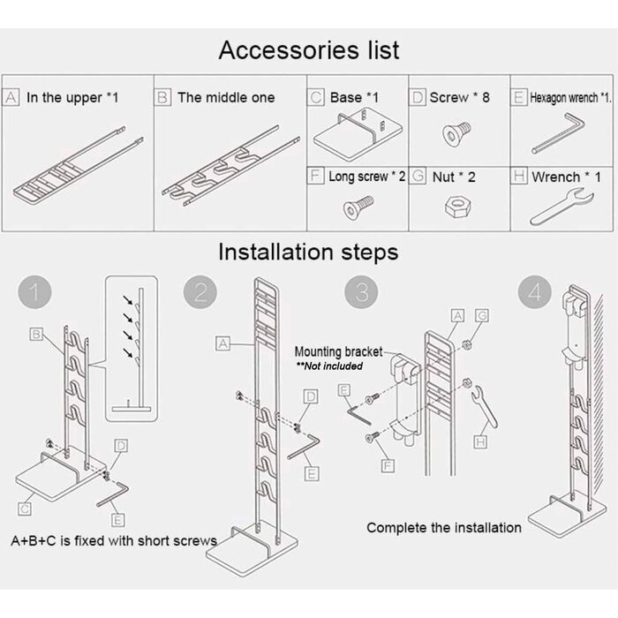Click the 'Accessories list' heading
coord(309,50)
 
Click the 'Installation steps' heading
coord(308,252)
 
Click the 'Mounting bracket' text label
coord(338,351)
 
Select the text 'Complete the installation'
coord(443,527)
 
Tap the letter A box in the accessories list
coord(12,97)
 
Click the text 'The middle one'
coord(226,97)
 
